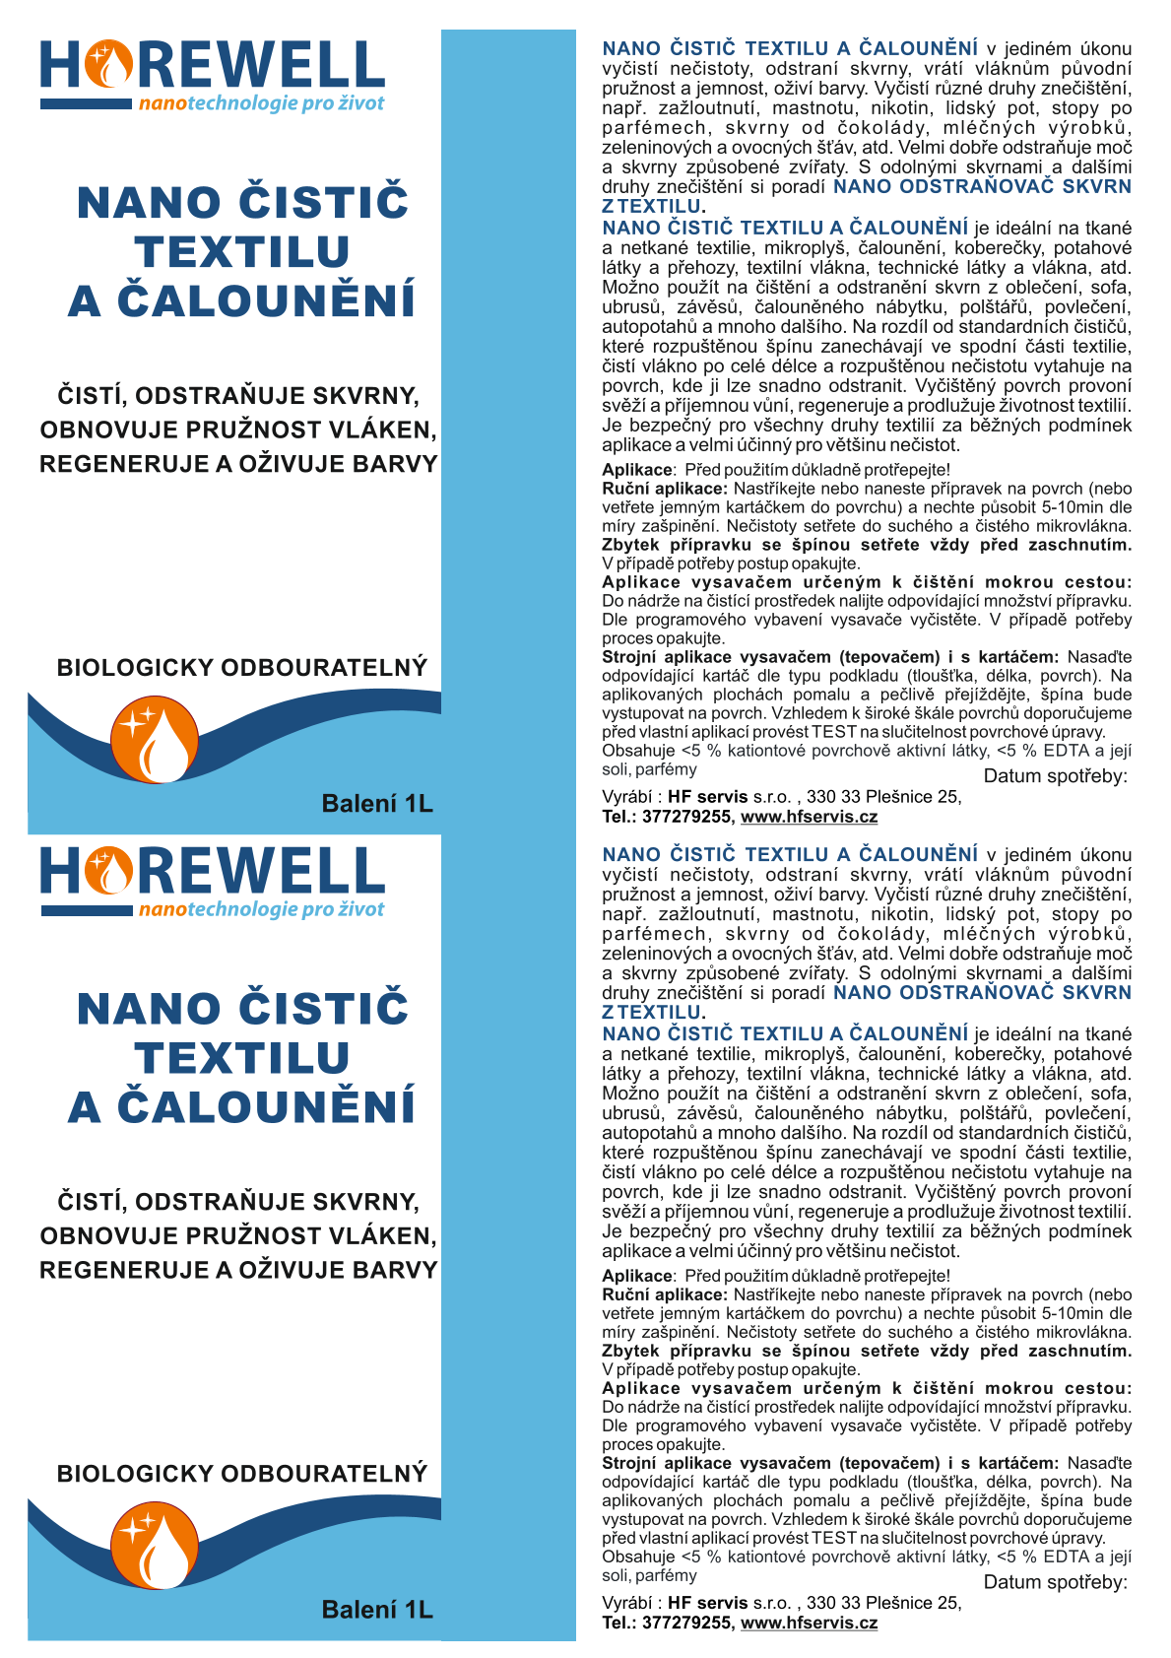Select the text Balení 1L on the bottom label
pos(377,1610)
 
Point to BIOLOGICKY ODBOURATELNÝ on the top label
pos(242,668)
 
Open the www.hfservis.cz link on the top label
pos(809,817)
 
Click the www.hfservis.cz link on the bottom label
pos(809,1623)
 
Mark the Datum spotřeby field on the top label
pos(1055,776)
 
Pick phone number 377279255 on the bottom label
pos(686,1623)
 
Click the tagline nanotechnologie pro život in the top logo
pos(261,103)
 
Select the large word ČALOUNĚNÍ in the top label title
pos(266,301)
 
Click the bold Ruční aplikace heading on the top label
pos(665,489)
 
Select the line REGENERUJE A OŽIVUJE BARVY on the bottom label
pos(238,1270)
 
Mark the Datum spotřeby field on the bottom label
pos(1055,1582)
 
